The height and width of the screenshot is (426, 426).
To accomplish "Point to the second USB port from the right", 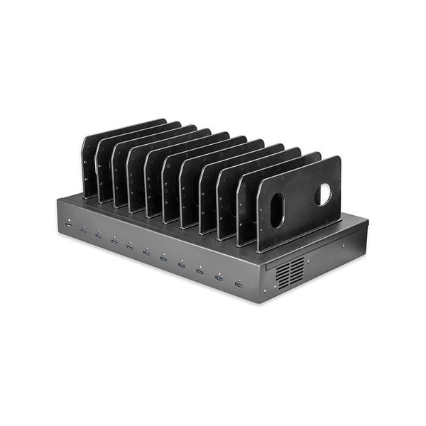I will click(x=219, y=276).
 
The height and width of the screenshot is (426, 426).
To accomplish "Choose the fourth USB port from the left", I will click(x=114, y=241).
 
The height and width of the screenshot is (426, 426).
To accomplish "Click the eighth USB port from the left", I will click(x=181, y=263).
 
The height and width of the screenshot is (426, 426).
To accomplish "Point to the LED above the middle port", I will click(x=146, y=246).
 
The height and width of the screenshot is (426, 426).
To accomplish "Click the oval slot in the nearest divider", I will click(x=276, y=210).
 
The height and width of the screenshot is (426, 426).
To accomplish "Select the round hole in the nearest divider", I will click(x=323, y=195).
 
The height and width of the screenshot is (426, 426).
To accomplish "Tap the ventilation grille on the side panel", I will click(x=291, y=273).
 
